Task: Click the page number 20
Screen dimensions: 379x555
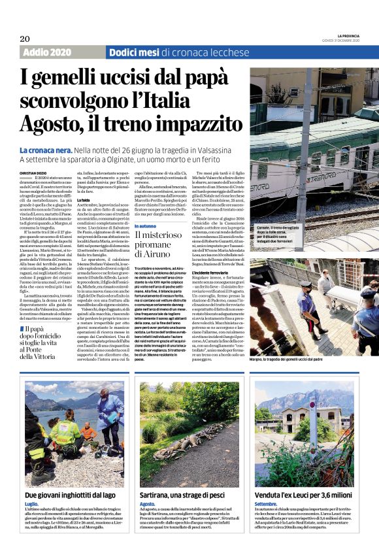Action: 25,39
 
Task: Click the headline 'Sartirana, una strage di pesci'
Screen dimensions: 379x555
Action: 189,496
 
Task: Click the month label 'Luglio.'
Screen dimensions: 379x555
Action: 31,505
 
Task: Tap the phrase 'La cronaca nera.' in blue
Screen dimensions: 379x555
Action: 44,150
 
